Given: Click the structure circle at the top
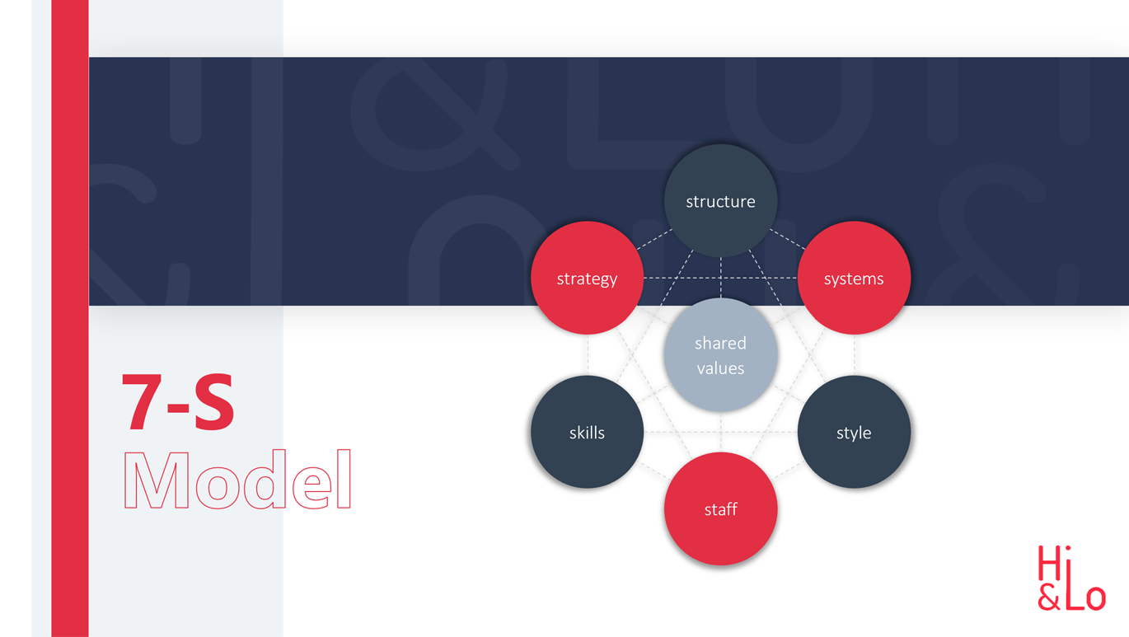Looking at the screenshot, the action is [x=721, y=201].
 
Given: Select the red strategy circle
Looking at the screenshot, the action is [x=588, y=278].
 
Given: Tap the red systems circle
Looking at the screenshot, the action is [x=854, y=278].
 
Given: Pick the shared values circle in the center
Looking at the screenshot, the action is [x=721, y=355].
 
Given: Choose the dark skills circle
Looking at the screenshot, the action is [x=588, y=432].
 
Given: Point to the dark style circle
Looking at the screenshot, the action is [x=854, y=432].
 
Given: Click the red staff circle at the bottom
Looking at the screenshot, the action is [x=721, y=508].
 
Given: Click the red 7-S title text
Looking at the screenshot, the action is [x=178, y=401].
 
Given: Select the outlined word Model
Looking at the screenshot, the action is [x=237, y=479].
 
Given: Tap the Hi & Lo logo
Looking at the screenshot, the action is [x=1071, y=578].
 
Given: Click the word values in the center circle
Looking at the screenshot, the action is [x=720, y=368].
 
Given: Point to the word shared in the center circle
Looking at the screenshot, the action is [x=720, y=343].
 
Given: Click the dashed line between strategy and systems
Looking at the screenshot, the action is [x=721, y=278].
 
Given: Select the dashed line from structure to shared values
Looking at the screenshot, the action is [x=721, y=278].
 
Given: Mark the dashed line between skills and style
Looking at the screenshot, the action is [x=721, y=432].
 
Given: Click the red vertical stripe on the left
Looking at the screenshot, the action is [x=70, y=318].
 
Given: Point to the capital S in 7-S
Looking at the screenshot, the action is [x=214, y=401].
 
